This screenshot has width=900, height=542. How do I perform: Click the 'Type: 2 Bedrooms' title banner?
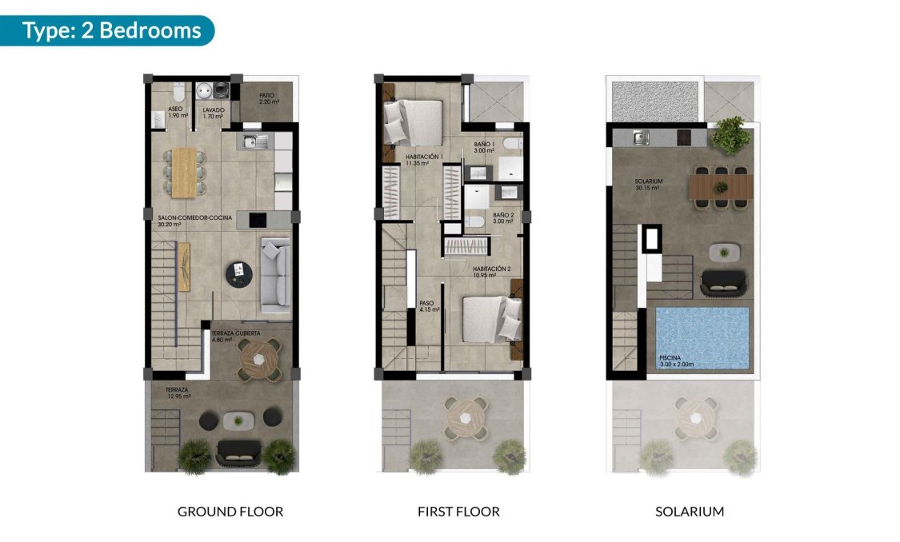tap(111, 30)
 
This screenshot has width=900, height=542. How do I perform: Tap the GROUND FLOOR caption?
tap(230, 511)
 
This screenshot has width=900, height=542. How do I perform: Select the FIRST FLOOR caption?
tap(458, 511)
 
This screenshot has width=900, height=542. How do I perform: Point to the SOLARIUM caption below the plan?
tap(689, 511)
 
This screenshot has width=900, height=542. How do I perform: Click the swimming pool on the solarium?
tap(702, 337)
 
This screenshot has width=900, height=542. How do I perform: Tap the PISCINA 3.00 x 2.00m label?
tap(677, 361)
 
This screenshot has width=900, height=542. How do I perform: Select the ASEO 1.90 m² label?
tap(177, 113)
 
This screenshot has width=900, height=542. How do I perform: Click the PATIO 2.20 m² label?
tap(268, 98)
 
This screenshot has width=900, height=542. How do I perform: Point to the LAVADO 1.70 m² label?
tap(213, 113)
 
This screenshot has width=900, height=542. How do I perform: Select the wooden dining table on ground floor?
tap(185, 171)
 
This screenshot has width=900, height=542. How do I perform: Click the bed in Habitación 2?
tap(487, 318)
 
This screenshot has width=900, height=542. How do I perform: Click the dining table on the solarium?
tap(722, 186)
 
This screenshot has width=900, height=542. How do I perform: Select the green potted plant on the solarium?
tap(730, 135)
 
